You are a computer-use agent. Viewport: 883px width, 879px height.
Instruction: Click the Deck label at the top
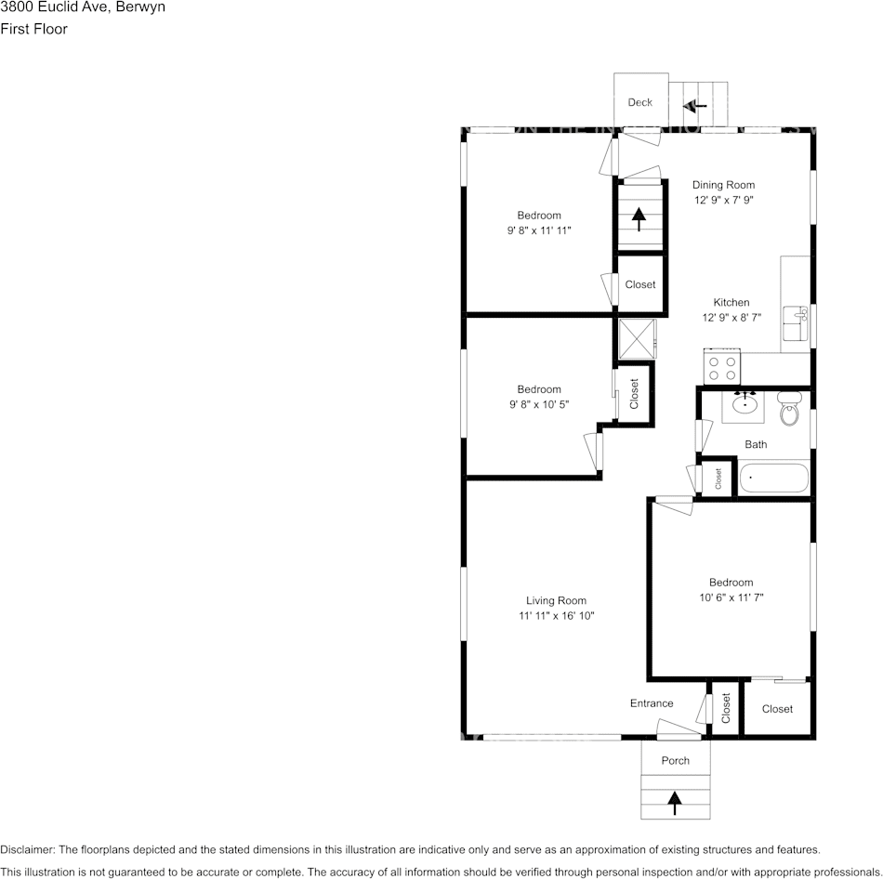639,102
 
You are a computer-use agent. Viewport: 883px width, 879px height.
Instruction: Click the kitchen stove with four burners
722,365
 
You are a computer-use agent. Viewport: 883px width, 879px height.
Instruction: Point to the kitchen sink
796,326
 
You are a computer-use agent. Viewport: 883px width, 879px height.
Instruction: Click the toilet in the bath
789,408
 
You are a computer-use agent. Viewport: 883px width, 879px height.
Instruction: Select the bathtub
774,479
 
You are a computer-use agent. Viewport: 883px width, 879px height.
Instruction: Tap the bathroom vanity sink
745,404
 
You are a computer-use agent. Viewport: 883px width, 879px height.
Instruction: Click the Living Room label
556,600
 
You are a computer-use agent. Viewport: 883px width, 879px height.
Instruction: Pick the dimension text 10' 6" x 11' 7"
730,597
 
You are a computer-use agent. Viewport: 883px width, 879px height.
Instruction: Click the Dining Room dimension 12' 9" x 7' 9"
723,200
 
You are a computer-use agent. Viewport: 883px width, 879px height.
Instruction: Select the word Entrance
652,703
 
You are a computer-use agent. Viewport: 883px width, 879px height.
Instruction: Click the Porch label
676,760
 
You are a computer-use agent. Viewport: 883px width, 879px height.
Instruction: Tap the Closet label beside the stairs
639,284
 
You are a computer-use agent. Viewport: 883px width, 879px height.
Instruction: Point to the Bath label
756,444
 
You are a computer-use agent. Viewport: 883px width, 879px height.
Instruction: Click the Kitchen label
731,302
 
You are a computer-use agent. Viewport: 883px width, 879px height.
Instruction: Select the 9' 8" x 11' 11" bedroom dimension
539,230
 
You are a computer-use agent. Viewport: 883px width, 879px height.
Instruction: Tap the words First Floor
33,29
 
